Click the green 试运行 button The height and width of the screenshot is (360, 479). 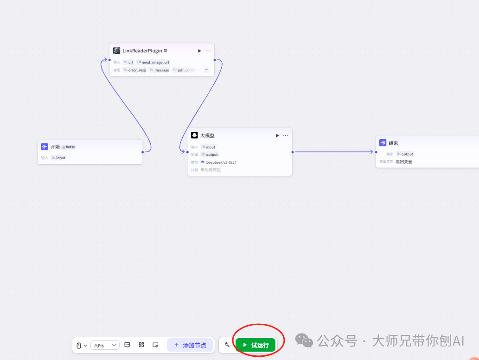point(255,345)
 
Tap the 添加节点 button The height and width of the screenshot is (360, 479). point(190,345)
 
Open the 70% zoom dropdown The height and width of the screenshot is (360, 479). point(105,345)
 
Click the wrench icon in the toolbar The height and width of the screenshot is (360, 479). point(227,345)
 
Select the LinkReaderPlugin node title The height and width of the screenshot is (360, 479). point(142,51)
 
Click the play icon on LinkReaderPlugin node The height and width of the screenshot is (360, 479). point(199,51)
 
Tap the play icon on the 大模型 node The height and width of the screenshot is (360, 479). point(277,135)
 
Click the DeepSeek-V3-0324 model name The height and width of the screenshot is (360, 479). point(221,162)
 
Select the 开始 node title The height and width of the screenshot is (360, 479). point(55,147)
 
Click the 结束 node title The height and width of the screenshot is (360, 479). point(393,143)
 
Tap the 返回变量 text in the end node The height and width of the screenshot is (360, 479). point(404,162)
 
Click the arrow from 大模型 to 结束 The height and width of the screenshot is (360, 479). point(334,152)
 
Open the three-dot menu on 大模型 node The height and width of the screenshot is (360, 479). point(286,135)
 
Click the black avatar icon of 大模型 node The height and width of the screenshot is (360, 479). point(195,135)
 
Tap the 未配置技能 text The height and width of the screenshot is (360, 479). point(211,170)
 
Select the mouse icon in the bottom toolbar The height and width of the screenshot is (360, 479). point(79,345)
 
